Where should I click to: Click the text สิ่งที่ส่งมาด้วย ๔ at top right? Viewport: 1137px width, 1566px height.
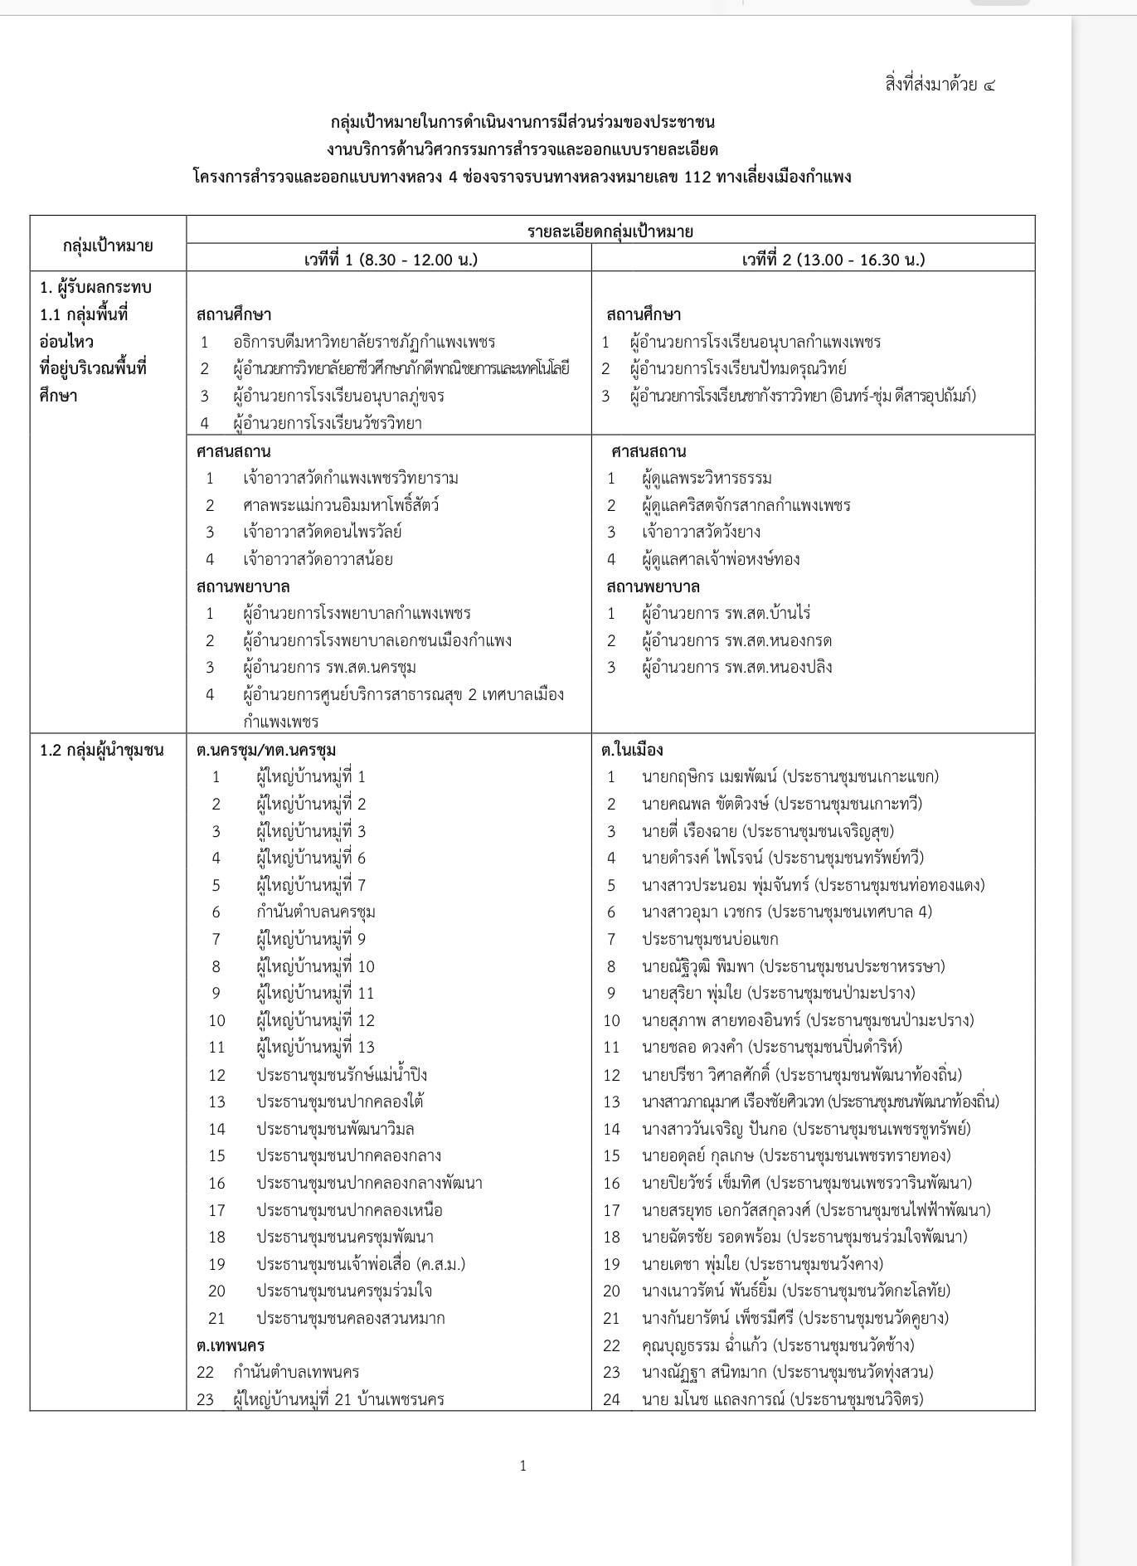[940, 85]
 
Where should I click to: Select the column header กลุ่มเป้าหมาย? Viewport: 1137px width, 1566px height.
[108, 246]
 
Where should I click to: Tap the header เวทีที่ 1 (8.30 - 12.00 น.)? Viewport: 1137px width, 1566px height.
[390, 259]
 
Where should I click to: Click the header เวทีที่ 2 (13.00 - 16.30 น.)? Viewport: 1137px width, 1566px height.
[833, 259]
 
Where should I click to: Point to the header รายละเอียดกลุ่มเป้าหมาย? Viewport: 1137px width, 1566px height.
[610, 231]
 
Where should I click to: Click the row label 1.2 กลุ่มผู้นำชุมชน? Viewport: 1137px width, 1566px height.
[101, 750]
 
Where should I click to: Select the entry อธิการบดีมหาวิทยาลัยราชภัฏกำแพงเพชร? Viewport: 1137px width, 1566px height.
[364, 342]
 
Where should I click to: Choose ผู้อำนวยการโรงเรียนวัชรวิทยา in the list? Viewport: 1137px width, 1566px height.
[328, 423]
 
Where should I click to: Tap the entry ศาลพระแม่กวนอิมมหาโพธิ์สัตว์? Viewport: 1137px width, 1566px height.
[341, 505]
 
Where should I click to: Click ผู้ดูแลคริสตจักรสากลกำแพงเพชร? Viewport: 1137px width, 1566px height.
[746, 505]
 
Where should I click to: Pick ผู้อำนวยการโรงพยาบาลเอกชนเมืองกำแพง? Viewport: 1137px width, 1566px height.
[377, 640]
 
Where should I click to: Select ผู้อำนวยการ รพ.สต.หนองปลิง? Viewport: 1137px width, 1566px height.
[736, 667]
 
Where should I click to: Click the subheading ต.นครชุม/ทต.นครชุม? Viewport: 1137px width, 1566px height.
[266, 750]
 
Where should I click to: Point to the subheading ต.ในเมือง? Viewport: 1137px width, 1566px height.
[632, 750]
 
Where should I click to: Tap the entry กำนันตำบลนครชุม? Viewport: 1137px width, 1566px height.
[316, 912]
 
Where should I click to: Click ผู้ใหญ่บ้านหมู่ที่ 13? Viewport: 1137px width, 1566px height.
[316, 1047]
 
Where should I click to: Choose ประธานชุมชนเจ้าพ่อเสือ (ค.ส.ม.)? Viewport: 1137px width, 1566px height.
[361, 1263]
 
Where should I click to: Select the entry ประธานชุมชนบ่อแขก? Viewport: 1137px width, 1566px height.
[710, 939]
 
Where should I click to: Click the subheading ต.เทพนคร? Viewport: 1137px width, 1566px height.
[231, 1345]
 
